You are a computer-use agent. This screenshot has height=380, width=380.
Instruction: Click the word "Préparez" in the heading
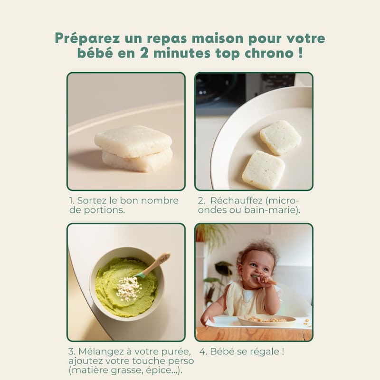tap(87, 38)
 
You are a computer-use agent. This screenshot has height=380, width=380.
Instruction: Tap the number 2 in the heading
tap(144, 53)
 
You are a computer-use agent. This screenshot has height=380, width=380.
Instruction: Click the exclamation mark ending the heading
tap(301, 53)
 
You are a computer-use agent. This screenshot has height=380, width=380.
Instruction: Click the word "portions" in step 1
tap(104, 210)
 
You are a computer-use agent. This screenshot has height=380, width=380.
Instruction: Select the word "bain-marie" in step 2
tap(272, 210)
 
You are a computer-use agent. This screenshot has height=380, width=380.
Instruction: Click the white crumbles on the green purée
tap(128, 288)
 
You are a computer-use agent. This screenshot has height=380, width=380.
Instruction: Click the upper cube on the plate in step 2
tap(280, 137)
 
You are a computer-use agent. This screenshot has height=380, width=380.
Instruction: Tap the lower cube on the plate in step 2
tap(264, 170)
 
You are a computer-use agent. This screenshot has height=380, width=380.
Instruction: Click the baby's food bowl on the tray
tap(266, 320)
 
